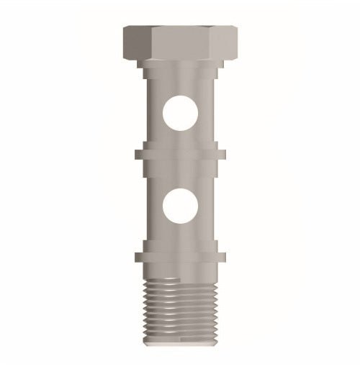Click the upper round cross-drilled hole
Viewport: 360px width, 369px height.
pyautogui.click(x=180, y=114)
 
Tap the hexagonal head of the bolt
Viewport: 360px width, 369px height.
pyautogui.click(x=180, y=43)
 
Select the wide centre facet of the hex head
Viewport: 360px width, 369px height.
pyautogui.click(x=180, y=45)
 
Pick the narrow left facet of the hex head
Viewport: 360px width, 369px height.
pyautogui.click(x=135, y=45)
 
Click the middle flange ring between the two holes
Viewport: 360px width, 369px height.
pyautogui.click(x=180, y=153)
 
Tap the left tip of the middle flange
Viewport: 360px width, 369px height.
pyautogui.click(x=137, y=153)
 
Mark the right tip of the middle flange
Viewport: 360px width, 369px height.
pyautogui.click(x=223, y=153)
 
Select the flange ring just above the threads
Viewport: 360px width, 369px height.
pyautogui.click(x=180, y=256)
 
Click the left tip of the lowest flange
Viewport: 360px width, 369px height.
pyautogui.click(x=137, y=256)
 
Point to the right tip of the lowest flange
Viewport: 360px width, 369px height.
pyautogui.click(x=223, y=256)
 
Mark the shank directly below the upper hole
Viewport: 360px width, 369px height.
pyautogui.click(x=180, y=139)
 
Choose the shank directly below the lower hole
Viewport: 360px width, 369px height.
pyautogui.click(x=180, y=237)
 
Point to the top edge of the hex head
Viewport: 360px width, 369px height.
pyautogui.click(x=180, y=28)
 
